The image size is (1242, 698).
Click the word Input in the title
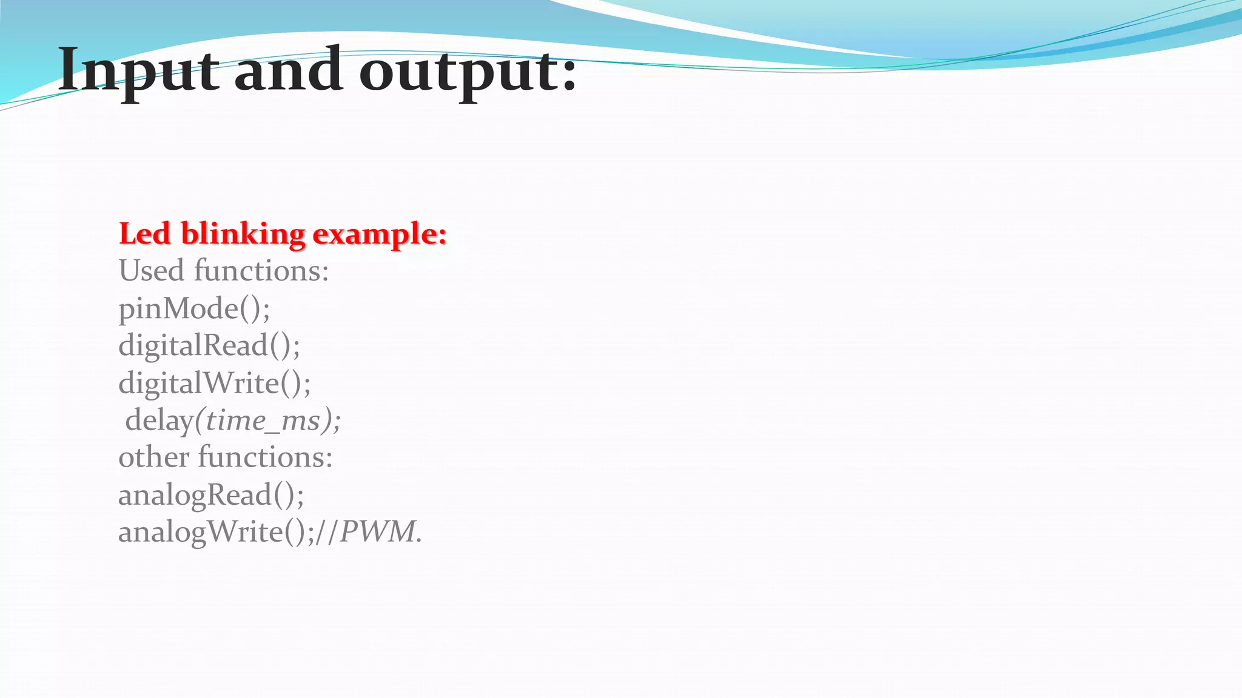pyautogui.click(x=138, y=71)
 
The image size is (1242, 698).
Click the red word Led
pyautogui.click(x=144, y=234)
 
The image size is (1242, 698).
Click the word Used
pyautogui.click(x=151, y=270)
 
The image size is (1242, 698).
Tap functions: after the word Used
pyautogui.click(x=261, y=270)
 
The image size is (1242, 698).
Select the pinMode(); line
pyautogui.click(x=194, y=308)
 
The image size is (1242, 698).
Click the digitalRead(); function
pyautogui.click(x=209, y=345)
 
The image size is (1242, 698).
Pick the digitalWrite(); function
pyautogui.click(x=214, y=383)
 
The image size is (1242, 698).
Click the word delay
pyautogui.click(x=159, y=420)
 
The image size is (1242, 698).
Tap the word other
pyautogui.click(x=153, y=457)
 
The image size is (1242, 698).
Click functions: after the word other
pyautogui.click(x=265, y=457)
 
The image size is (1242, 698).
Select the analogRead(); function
pyautogui.click(x=210, y=494)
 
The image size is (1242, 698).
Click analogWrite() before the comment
pyautogui.click(x=212, y=532)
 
